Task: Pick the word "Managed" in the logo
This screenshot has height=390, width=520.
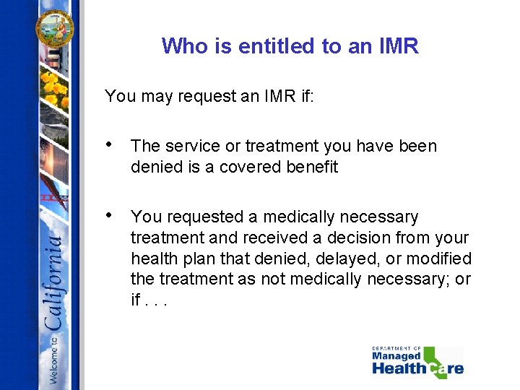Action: point(396,356)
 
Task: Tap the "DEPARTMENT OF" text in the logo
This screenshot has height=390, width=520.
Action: point(396,348)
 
